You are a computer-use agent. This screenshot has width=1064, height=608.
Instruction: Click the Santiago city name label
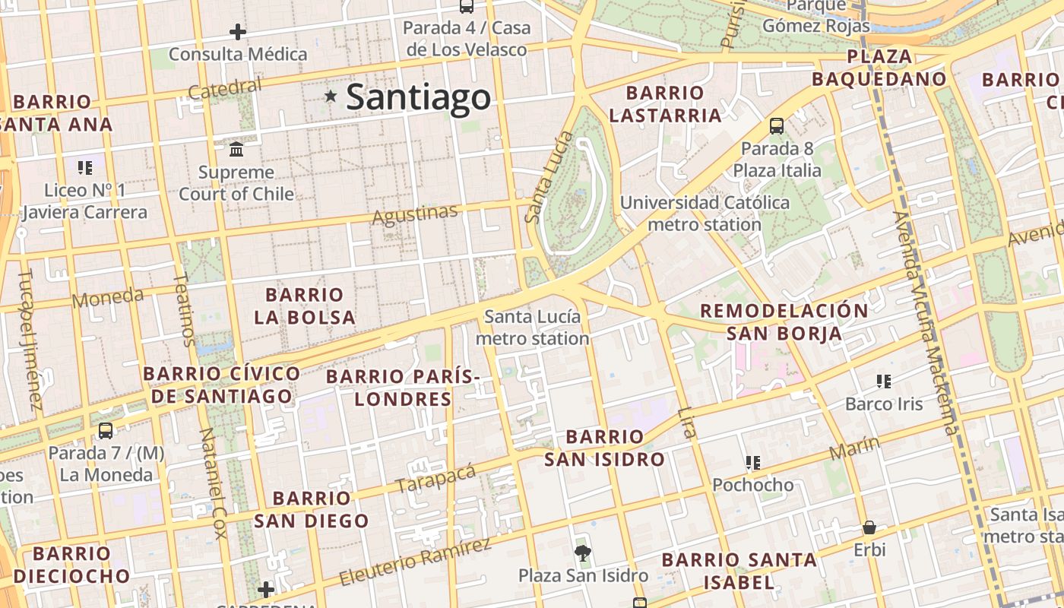point(418,98)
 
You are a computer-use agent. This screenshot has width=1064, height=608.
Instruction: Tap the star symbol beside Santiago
point(331,96)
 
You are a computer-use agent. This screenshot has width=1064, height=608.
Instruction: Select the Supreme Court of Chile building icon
point(236,148)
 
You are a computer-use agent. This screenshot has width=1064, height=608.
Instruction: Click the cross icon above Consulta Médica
point(238,32)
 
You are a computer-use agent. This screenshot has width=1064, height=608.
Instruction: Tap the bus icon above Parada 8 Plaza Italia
point(776,125)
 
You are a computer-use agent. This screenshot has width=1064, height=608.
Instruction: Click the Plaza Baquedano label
point(879,68)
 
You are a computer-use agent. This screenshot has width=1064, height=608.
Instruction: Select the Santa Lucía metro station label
point(532,328)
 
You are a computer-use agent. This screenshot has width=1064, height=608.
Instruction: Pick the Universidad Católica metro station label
point(704,214)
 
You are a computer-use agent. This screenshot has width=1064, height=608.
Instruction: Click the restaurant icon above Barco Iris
point(883,381)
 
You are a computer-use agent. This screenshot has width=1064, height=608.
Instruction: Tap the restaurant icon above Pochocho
point(753,462)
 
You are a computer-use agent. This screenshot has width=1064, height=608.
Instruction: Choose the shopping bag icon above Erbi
point(869,527)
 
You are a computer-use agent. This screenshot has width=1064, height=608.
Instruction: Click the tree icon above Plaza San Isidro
point(583,553)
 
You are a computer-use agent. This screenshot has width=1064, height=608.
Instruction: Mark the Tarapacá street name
point(435,478)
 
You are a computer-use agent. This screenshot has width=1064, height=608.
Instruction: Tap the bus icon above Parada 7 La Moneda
point(106,430)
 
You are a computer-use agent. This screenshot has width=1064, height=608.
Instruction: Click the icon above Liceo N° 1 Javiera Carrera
point(84,167)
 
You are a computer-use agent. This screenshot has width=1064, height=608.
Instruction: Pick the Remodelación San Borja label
point(784,321)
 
